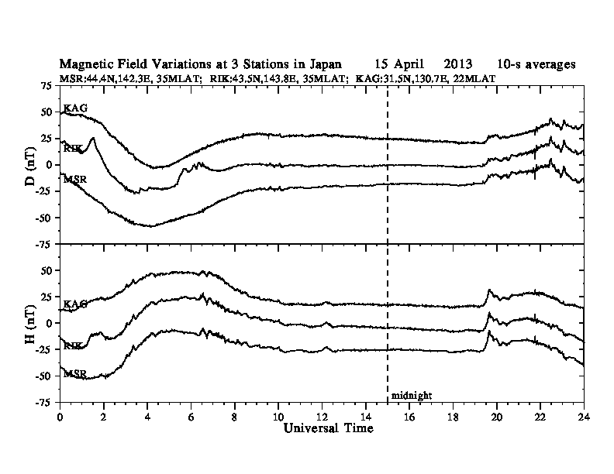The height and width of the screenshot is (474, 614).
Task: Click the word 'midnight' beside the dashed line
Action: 411,395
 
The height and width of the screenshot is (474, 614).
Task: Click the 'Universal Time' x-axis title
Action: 322,428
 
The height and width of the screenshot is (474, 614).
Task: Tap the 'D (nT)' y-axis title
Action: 30,165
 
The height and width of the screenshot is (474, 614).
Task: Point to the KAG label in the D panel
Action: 74,109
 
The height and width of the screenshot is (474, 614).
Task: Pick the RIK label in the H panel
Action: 74,345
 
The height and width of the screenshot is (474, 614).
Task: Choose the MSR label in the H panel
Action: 74,373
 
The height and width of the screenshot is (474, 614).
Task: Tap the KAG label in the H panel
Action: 74,304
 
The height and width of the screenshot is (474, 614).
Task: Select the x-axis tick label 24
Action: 583,416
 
